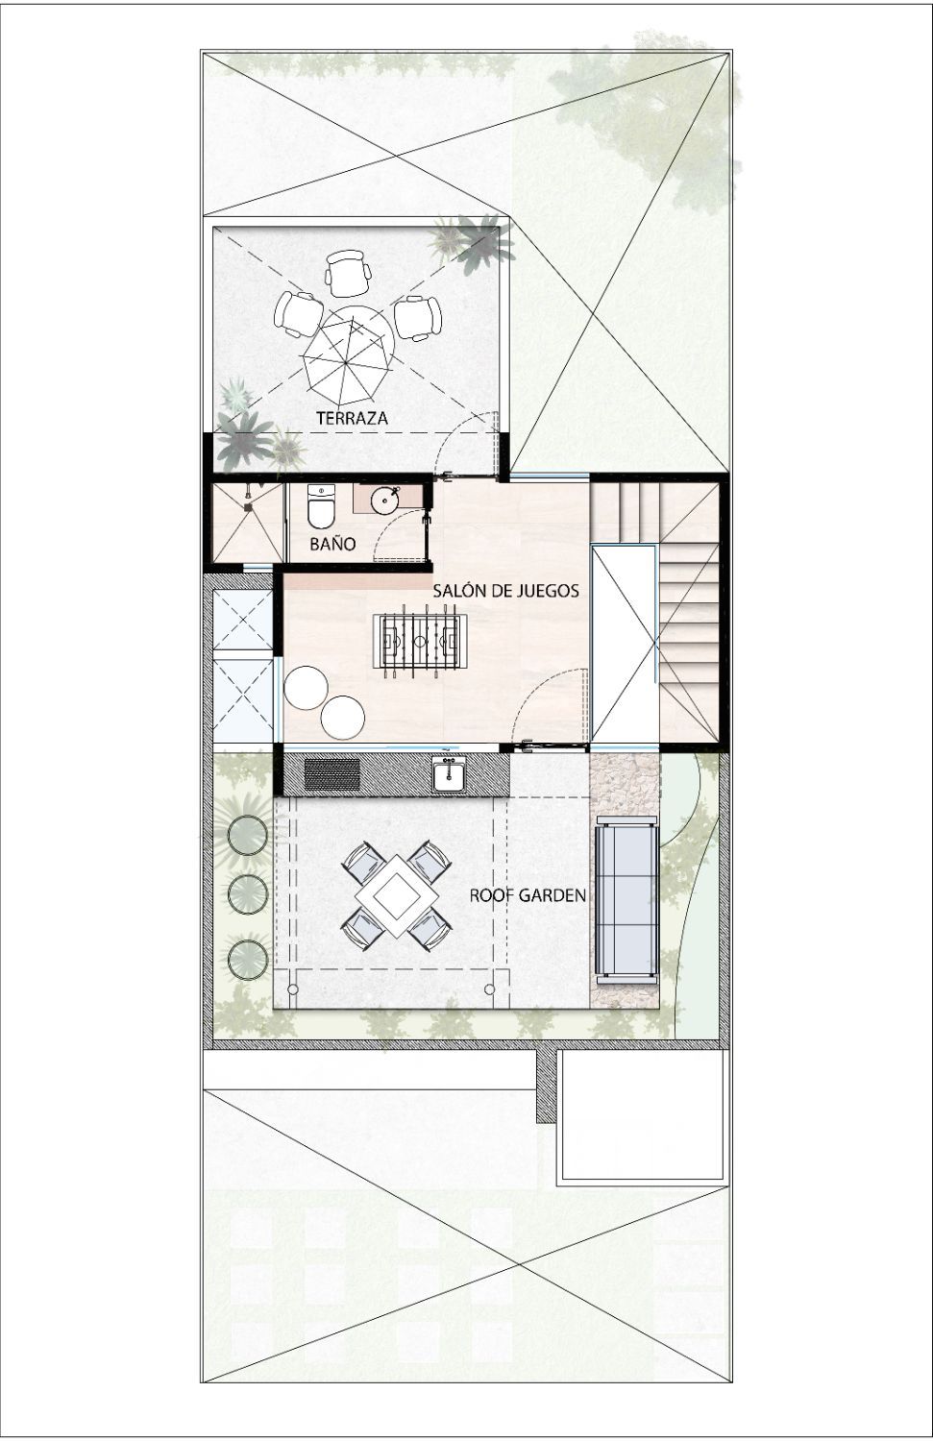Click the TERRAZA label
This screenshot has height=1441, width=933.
[352, 418]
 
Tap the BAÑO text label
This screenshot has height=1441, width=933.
[332, 544]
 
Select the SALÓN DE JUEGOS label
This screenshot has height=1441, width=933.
[505, 591]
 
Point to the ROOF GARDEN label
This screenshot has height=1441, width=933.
[528, 894]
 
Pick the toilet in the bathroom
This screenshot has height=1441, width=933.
[321, 505]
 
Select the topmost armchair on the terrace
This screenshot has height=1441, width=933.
[348, 274]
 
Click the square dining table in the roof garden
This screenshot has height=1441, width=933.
[396, 894]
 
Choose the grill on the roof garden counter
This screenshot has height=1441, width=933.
[332, 774]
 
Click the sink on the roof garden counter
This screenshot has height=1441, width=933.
[449, 774]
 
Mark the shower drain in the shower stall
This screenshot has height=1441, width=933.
[247, 506]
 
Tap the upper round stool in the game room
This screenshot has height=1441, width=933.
[307, 688]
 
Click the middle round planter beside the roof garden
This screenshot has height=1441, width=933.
[248, 892]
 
